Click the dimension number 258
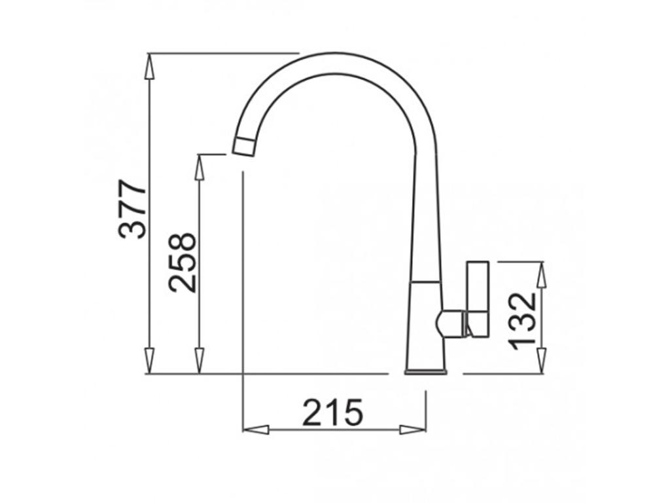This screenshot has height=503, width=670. coord(182,262)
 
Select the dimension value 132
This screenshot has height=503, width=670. coord(523,321)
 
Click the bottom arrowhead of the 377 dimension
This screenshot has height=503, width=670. coord(150,361)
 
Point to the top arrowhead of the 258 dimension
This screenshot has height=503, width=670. coord(200,168)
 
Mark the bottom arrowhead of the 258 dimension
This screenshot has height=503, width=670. coord(200,361)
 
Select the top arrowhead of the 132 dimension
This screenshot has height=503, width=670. coord(541,275)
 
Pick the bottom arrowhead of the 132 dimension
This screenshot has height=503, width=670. coord(541,361)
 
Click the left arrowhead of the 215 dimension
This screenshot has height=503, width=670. coord(256,430)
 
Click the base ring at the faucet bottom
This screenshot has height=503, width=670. coord(426,372)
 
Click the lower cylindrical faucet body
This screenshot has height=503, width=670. coord(426,324)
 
